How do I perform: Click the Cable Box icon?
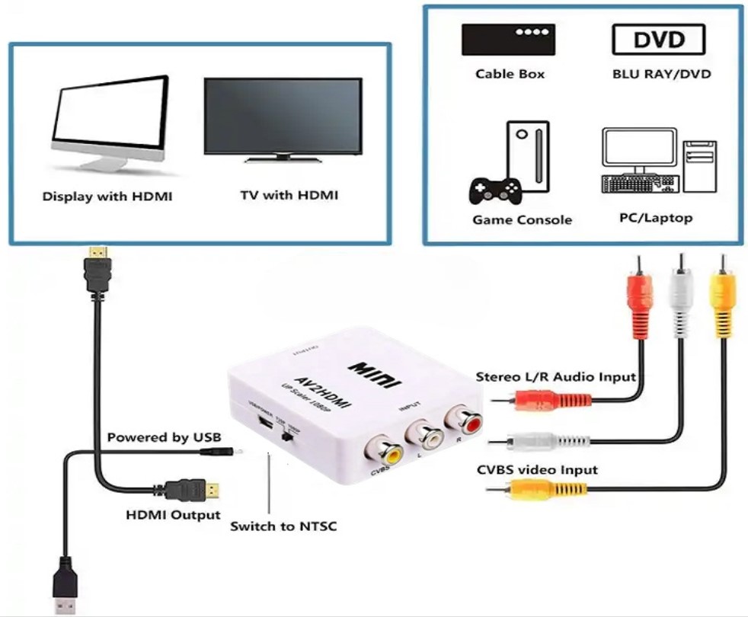click(508, 40)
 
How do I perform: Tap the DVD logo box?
click(658, 40)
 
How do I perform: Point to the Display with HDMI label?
click(107, 197)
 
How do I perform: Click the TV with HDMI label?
click(289, 195)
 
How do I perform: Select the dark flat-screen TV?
click(282, 116)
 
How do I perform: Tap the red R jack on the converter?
click(464, 419)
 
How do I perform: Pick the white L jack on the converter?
click(424, 436)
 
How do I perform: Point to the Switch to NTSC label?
click(283, 526)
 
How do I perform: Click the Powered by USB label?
click(164, 437)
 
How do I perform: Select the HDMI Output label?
click(173, 515)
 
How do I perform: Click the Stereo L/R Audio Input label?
click(555, 376)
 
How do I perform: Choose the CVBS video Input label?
click(536, 469)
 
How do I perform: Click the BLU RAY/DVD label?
click(661, 75)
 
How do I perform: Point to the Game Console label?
click(522, 220)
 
